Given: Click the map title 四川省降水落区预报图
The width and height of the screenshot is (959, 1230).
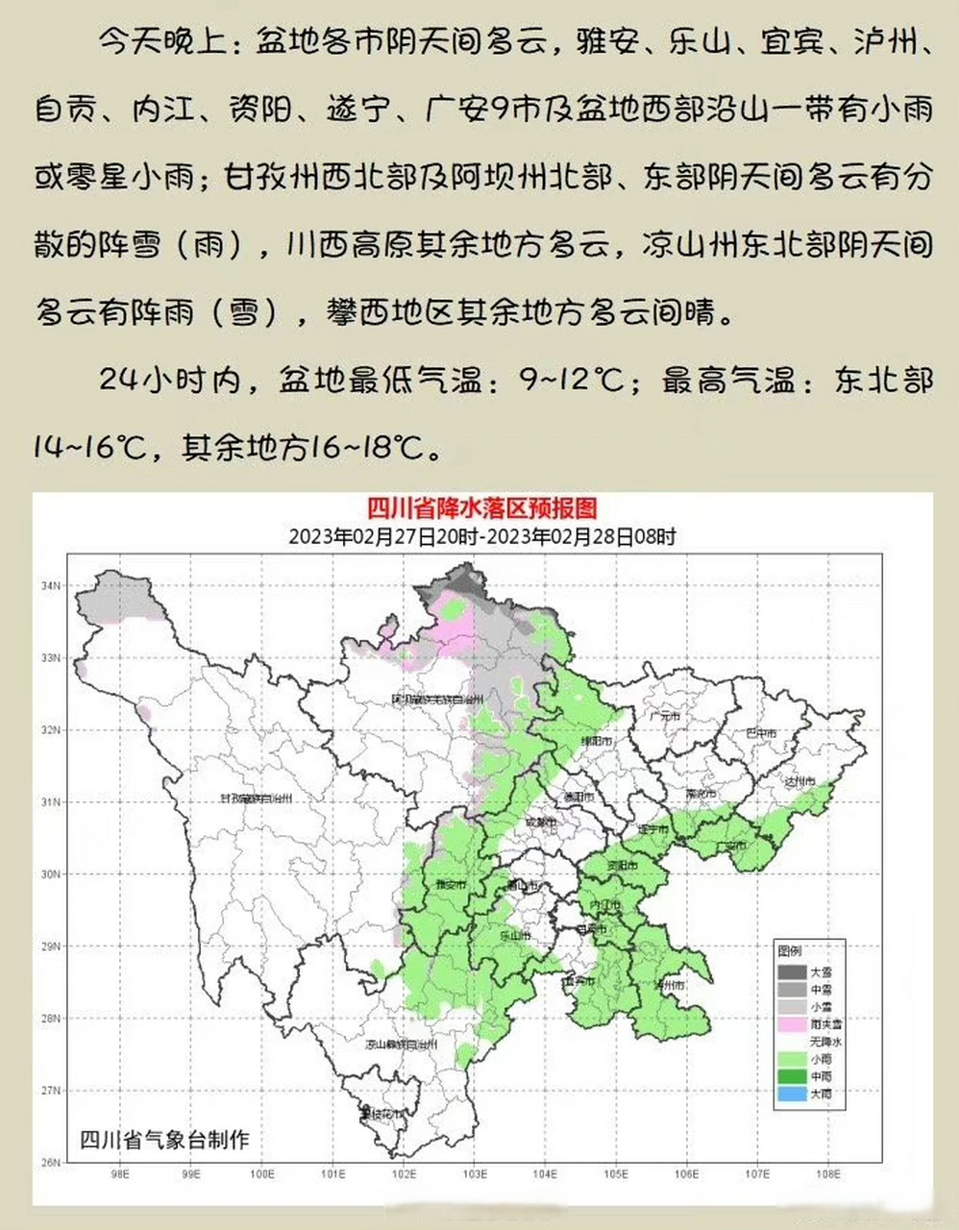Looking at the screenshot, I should [482, 509].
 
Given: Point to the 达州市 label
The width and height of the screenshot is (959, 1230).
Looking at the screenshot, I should [799, 783].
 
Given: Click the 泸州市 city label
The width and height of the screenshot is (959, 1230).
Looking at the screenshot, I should [670, 986].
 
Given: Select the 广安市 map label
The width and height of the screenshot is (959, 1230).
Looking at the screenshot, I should [733, 846].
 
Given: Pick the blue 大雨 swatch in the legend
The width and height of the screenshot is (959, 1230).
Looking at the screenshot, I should [794, 1095].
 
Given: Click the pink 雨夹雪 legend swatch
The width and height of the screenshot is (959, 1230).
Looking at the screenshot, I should [794, 1024].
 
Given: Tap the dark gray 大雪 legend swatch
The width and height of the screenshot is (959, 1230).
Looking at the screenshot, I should [794, 972].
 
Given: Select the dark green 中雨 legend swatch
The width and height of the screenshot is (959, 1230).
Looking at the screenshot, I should [794, 1077].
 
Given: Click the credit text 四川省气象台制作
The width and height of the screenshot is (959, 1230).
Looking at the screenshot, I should [164, 1140].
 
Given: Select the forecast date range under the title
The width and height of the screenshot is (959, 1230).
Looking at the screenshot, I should [482, 536].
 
